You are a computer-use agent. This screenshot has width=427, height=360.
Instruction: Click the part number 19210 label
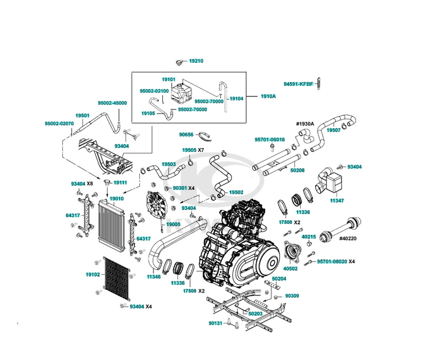196,61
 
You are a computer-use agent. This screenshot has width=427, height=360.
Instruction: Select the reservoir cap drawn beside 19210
179,61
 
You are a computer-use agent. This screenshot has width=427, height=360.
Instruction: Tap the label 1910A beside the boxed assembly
268,96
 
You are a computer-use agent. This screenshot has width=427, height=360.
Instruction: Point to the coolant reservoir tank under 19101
181,93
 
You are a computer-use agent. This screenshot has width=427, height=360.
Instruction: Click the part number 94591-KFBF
298,84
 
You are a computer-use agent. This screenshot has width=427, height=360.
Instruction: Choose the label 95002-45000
112,103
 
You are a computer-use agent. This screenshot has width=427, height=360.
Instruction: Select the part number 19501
83,115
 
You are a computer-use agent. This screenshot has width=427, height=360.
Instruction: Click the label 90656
187,134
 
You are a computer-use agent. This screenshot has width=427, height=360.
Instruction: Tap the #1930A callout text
305,124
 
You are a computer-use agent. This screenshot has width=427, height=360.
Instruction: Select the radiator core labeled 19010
112,225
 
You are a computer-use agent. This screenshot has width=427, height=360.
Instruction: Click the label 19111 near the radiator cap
120,183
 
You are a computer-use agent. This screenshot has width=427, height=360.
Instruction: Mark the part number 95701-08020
331,261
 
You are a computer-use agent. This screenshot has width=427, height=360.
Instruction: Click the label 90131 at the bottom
216,323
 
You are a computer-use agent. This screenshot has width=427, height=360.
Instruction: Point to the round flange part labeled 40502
291,251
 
